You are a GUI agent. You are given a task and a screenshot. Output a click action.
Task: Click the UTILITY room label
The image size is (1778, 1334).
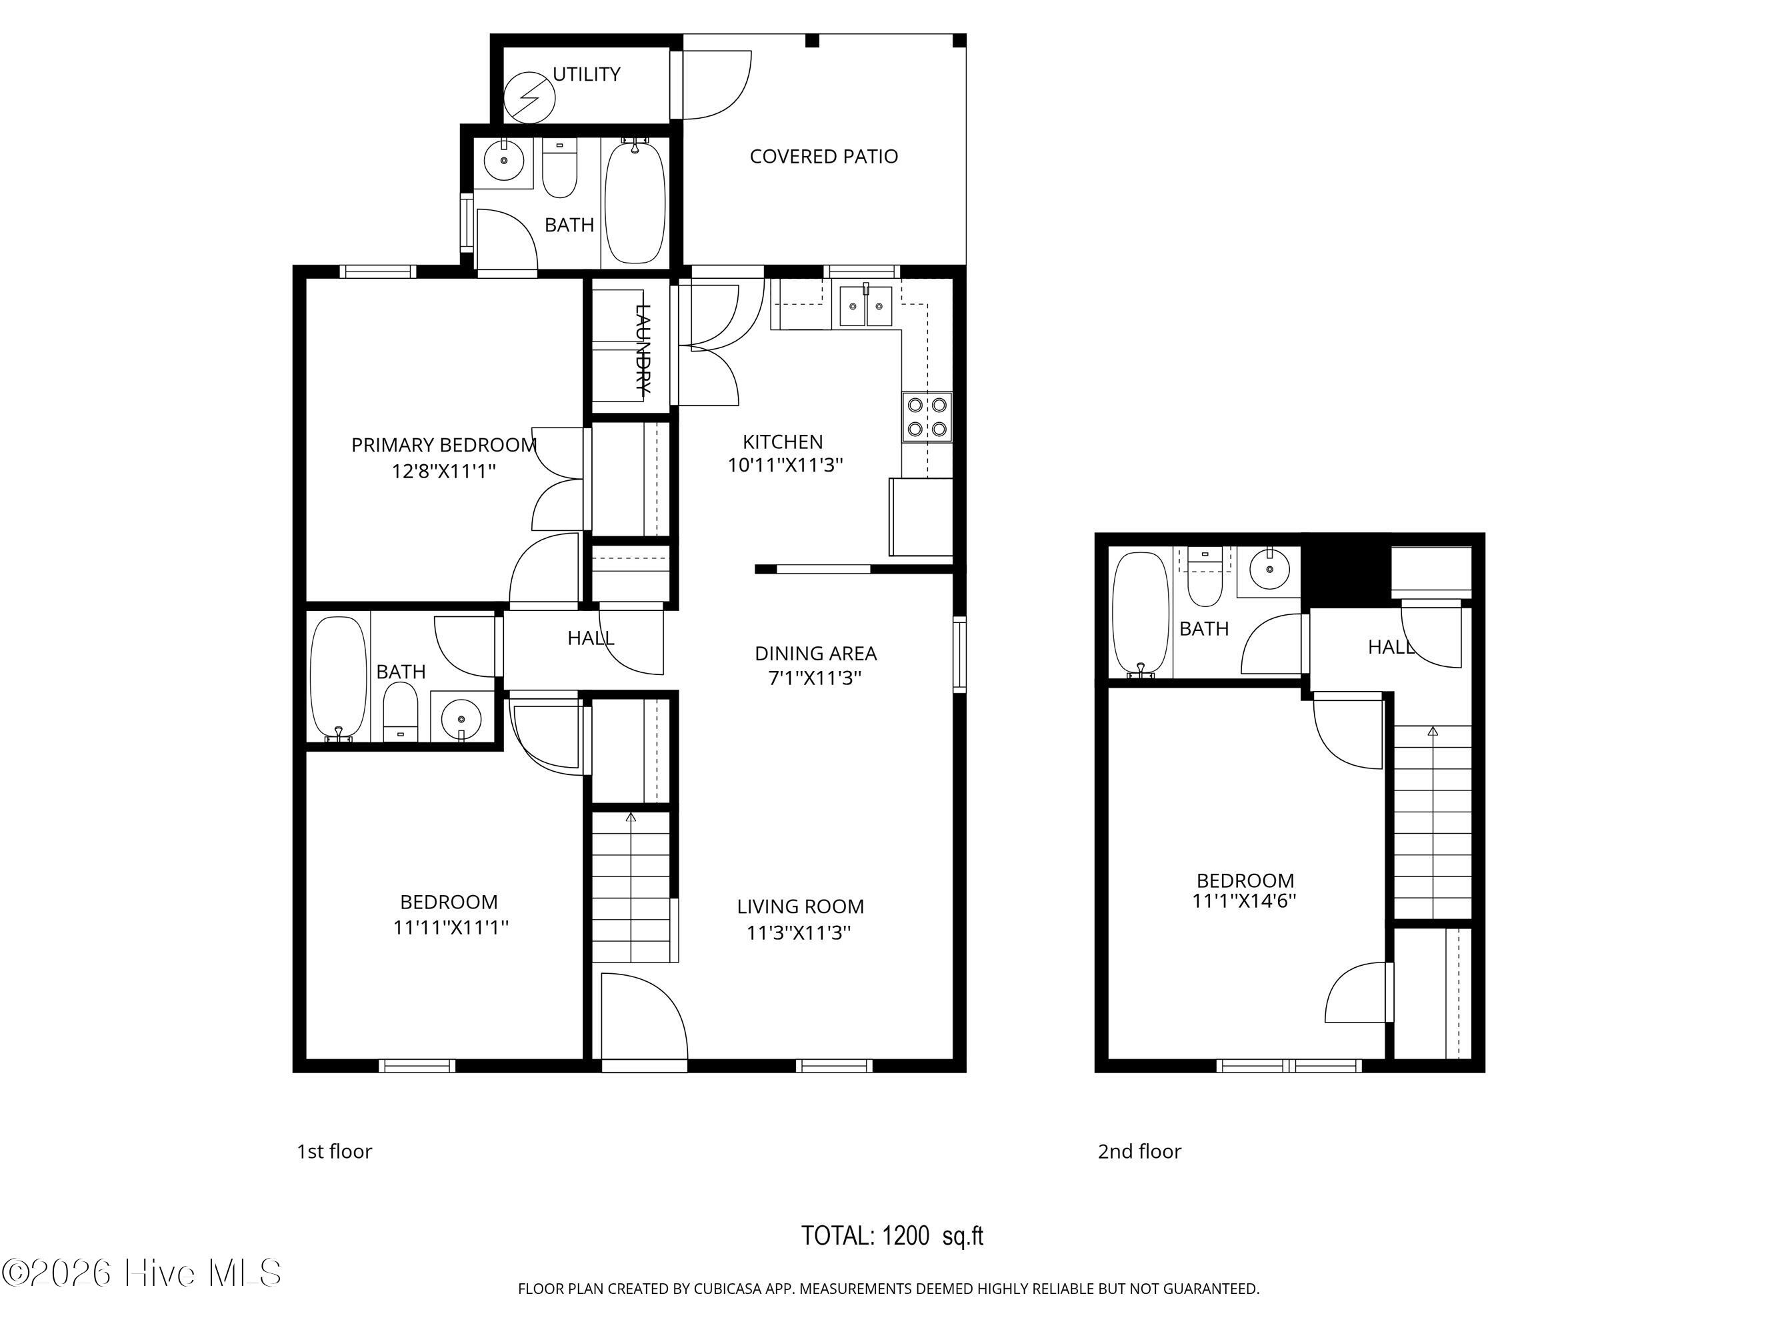(586, 74)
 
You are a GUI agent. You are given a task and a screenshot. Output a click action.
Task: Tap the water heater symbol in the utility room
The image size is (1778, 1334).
(529, 97)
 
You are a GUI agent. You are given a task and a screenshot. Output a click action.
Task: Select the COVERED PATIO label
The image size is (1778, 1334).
(823, 156)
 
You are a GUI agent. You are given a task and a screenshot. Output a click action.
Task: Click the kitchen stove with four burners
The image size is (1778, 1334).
(927, 416)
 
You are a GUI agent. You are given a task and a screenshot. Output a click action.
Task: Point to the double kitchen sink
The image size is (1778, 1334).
(867, 306)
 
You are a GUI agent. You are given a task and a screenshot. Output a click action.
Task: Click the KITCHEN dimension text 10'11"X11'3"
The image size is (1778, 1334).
(785, 465)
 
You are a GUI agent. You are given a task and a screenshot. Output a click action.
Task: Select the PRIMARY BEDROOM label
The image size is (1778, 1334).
(444, 445)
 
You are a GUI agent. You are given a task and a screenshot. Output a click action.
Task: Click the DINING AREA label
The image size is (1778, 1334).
(815, 653)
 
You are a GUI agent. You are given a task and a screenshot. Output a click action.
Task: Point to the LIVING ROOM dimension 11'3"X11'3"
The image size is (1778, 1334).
(799, 932)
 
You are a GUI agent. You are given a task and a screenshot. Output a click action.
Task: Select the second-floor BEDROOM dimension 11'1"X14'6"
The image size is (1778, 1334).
(1243, 900)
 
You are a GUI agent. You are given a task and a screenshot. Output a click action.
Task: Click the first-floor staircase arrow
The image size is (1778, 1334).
(631, 818)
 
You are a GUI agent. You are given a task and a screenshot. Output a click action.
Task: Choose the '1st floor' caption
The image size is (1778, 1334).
(335, 1151)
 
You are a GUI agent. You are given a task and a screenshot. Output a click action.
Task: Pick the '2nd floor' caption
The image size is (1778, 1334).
(1139, 1151)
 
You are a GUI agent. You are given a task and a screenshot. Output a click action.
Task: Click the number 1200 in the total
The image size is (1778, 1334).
(905, 1235)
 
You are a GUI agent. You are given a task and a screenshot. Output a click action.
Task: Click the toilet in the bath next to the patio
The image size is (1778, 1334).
(559, 169)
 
